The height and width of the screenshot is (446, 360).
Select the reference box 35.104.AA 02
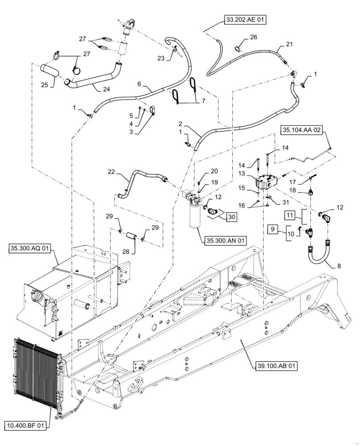click(301, 130)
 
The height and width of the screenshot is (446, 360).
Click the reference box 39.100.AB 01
click(276, 365)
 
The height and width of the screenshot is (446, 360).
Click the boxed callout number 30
click(231, 217)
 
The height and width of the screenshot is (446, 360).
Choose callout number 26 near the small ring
click(254, 38)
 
